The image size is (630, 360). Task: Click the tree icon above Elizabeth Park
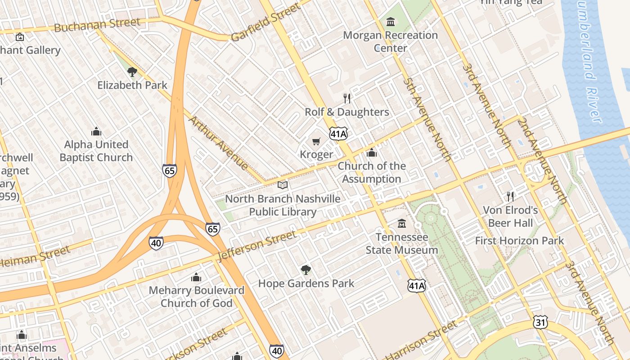[x=132, y=72]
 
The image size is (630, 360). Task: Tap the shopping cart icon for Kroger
[x=316, y=141]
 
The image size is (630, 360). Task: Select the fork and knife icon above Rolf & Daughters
[x=346, y=98]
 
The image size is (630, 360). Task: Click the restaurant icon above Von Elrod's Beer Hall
[x=510, y=196]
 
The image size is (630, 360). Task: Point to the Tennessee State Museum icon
[x=401, y=223]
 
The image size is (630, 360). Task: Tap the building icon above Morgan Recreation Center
[x=390, y=21]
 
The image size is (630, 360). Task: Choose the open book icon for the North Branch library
[x=283, y=185]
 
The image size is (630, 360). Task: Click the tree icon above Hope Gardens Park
[x=306, y=270]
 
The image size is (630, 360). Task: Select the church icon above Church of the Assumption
[x=371, y=153]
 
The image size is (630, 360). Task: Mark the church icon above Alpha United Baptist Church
[x=96, y=131]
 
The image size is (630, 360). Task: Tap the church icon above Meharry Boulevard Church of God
[x=196, y=277]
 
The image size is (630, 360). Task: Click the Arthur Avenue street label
[x=218, y=143]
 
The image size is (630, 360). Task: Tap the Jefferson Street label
[x=257, y=245]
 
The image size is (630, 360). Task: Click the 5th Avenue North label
[x=427, y=119]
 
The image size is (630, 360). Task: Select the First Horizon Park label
[x=519, y=241]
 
